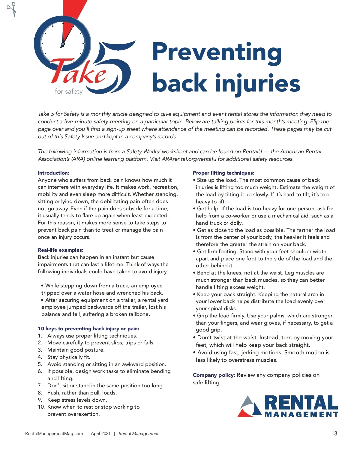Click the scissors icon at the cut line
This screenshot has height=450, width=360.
click(11, 9)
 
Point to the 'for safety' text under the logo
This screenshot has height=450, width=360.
click(69, 91)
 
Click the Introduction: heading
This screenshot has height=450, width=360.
click(53, 173)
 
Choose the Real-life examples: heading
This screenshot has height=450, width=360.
click(60, 250)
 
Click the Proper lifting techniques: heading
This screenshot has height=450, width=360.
click(223, 173)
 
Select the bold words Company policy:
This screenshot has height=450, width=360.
click(214, 375)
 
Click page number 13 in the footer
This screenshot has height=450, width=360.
click(334, 433)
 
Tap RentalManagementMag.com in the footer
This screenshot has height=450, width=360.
click(54, 433)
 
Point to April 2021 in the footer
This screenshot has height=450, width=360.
click(100, 433)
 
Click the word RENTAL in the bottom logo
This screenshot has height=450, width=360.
click(301, 403)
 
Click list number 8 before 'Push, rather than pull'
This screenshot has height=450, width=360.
click(40, 393)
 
